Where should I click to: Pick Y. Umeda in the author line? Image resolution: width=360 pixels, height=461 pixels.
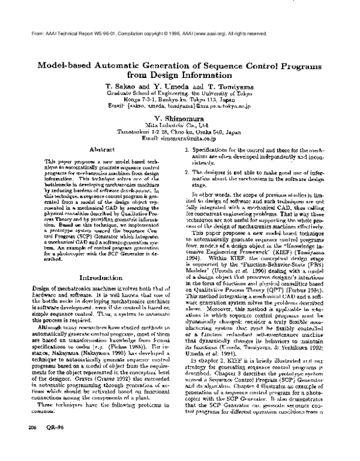179,86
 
